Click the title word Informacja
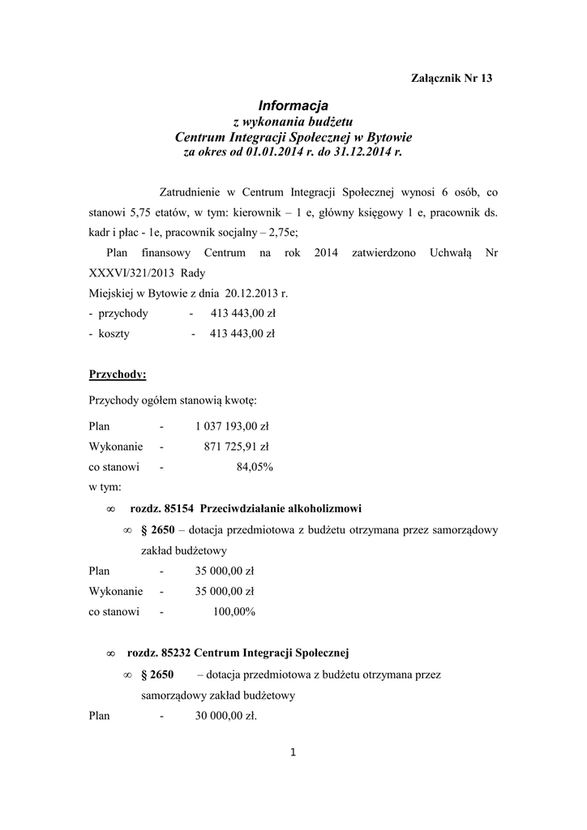(x=293, y=105)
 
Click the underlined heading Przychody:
(x=117, y=374)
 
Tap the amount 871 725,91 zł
(x=236, y=447)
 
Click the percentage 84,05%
(x=254, y=467)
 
